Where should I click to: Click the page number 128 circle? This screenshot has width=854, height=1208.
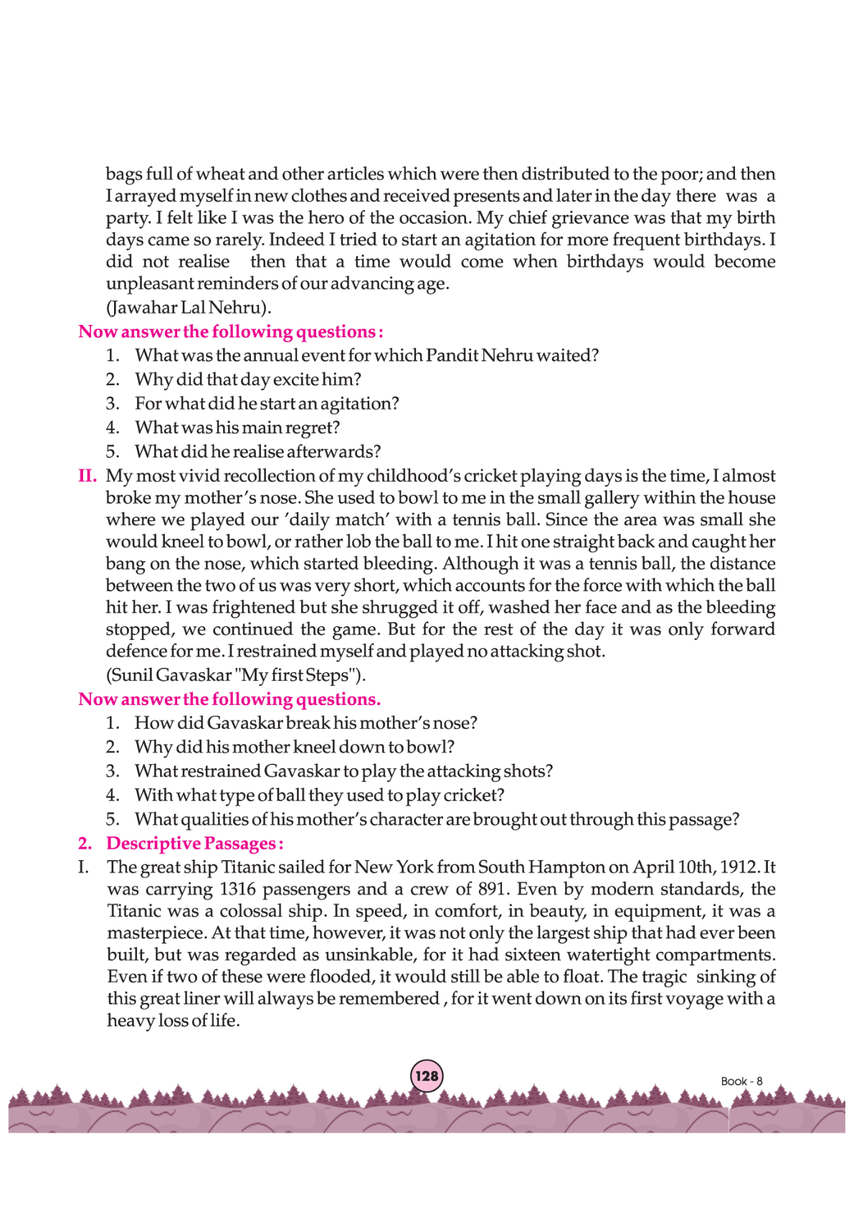(x=427, y=1076)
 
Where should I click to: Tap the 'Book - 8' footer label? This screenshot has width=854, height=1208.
(x=741, y=1081)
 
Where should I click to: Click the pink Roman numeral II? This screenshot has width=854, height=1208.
(x=87, y=476)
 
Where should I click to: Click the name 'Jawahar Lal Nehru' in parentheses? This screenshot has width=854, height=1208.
(x=189, y=307)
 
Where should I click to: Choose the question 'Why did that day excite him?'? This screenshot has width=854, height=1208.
(x=248, y=379)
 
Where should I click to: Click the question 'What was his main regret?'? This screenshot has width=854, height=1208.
(x=237, y=428)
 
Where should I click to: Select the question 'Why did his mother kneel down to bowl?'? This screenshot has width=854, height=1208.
(x=295, y=747)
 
